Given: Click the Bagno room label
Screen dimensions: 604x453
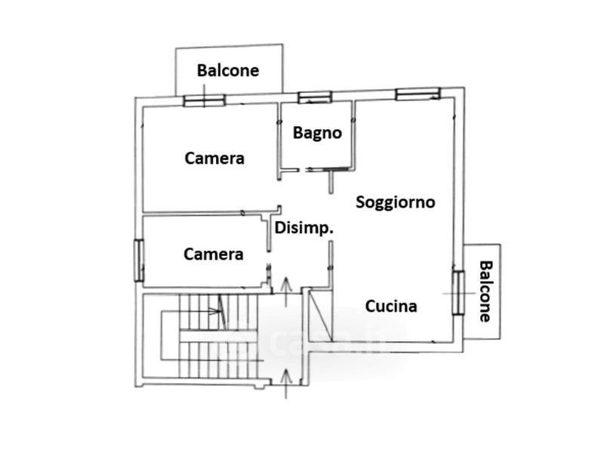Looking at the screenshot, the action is [317, 133].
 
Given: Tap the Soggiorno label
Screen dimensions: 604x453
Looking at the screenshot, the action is [395, 202].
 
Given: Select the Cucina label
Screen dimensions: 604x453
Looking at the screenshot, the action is [391, 306].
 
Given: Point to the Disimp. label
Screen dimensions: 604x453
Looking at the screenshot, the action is [304, 228].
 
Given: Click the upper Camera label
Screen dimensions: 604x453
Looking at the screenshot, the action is [214, 159].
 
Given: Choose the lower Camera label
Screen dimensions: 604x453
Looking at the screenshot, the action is [214, 254].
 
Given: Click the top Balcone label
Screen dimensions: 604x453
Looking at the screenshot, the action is [228, 70].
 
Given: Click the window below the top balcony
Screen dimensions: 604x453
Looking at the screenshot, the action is [204, 99].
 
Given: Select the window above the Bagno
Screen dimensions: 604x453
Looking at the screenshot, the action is [314, 97].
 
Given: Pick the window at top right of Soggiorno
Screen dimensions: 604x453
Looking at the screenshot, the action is [418, 93].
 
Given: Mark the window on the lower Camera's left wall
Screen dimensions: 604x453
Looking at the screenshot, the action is [138, 260].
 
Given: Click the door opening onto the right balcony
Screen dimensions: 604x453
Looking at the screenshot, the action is [458, 291].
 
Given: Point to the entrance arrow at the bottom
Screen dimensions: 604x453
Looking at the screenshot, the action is [285, 381].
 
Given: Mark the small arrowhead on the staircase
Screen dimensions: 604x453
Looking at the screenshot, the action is [220, 308].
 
